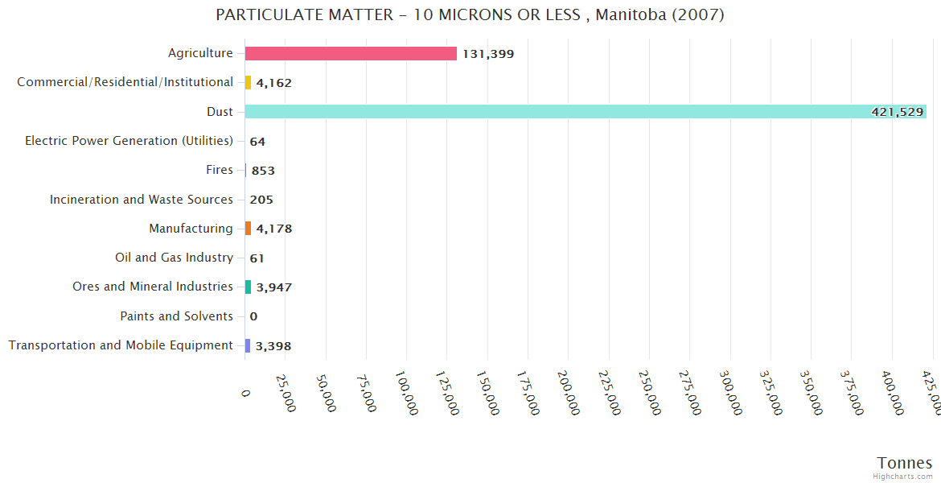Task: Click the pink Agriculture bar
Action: pos(351,54)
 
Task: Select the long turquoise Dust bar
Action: pos(586,112)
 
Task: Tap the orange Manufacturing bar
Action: pos(248,229)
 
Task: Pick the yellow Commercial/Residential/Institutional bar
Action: pos(248,82)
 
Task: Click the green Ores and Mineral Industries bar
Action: pos(248,287)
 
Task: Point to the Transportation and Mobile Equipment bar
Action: pos(248,345)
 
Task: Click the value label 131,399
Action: pos(488,54)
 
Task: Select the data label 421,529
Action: pos(897,112)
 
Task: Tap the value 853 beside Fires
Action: pos(263,171)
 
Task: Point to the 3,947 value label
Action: pos(273,287)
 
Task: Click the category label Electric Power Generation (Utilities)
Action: pos(129,141)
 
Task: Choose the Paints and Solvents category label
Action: pos(176,316)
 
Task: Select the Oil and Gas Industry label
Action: pos(174,258)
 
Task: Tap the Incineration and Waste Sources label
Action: pos(141,200)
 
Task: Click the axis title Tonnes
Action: pos(904,463)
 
